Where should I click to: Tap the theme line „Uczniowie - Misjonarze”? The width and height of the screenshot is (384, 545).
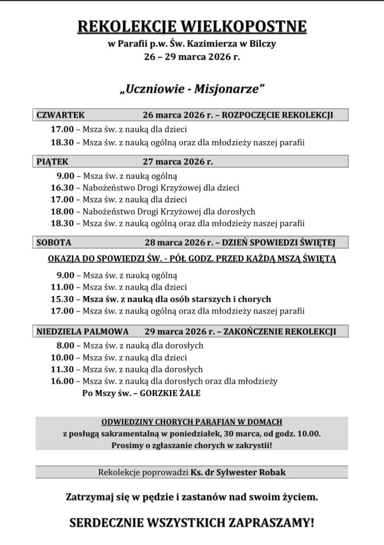pos(192,89)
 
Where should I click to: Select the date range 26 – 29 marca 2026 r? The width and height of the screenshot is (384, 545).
pos(192,55)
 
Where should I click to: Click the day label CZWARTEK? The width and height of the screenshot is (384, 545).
pos(61,115)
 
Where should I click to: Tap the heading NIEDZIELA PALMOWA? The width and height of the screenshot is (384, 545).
pos(82,331)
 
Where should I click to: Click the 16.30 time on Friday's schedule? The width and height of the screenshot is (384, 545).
pos(62,188)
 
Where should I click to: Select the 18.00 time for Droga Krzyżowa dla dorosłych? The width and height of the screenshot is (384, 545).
pos(62,211)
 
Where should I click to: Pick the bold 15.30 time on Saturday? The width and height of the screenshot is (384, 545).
pos(62,299)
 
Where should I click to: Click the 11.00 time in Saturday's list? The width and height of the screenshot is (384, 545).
pos(62,287)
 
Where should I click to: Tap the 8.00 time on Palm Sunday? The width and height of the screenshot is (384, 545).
pos(64,345)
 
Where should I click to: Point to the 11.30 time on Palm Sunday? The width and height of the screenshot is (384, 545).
pos(62,369)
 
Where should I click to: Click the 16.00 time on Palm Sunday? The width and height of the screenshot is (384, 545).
pos(62,381)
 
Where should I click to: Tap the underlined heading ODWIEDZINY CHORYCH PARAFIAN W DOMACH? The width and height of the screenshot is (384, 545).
pos(192,422)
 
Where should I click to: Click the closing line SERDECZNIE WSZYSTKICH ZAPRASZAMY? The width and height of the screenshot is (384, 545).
pos(192,523)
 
